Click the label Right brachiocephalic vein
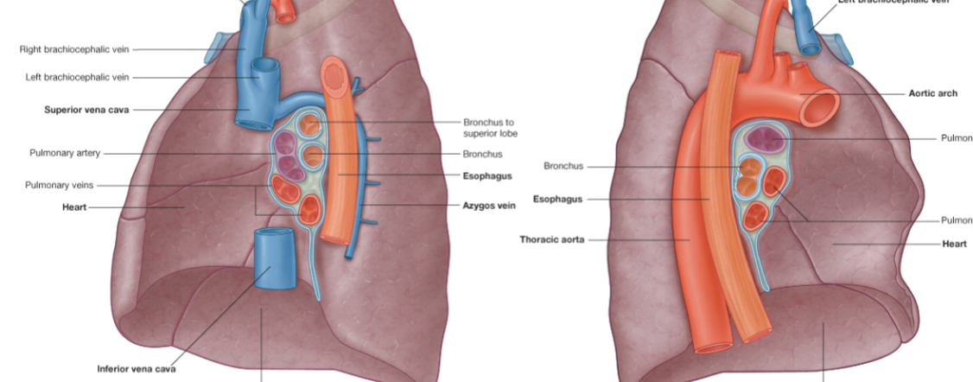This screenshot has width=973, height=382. point(74,49)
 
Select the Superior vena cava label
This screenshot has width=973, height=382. point(86,110)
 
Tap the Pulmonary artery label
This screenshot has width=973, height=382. point(65,153)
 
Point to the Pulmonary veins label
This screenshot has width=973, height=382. point(60,185)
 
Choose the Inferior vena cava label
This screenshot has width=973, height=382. point(137,368)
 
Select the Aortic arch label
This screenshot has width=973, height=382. point(932,93)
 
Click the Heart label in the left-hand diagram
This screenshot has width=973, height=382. point(74,207)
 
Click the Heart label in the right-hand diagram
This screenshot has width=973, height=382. point(954,245)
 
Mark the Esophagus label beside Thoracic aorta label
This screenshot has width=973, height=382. point(556,199)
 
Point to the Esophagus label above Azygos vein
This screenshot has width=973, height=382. point(487,175)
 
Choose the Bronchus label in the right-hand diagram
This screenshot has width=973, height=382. point(563,166)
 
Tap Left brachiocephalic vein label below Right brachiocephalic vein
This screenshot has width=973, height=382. point(78,77)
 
